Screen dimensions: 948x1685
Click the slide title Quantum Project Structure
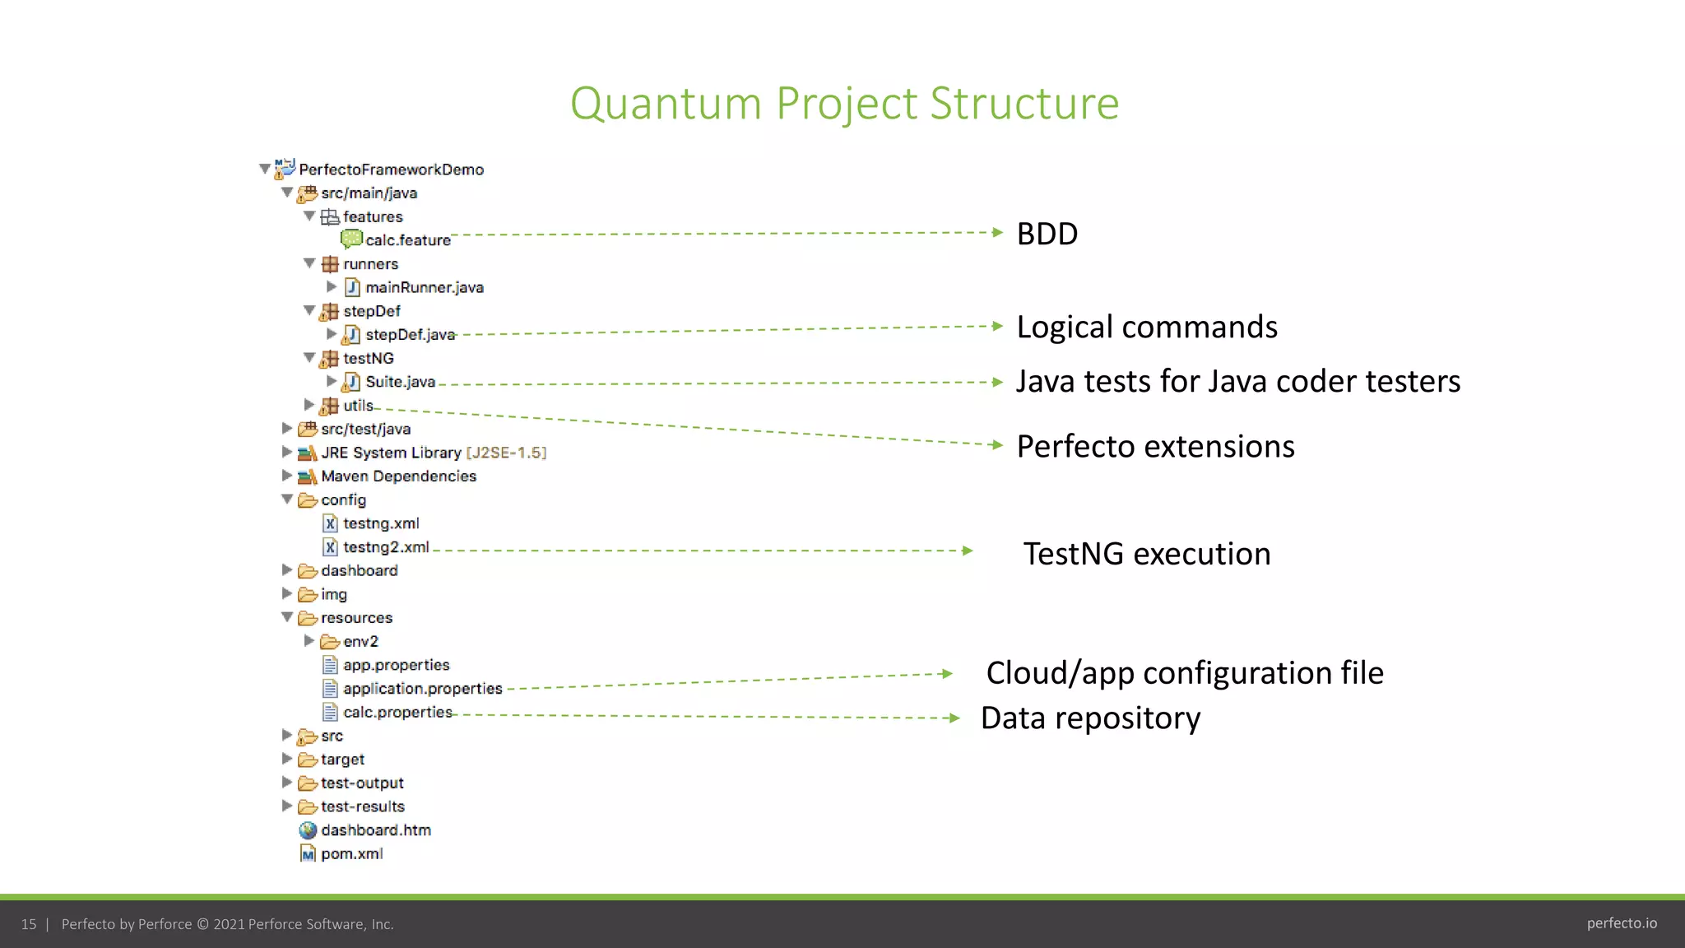click(x=844, y=104)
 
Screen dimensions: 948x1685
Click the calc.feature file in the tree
click(x=407, y=240)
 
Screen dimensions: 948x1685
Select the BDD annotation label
click(x=1047, y=234)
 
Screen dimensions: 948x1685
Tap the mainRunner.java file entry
click(x=424, y=287)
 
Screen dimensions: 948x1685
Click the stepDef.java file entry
click(x=409, y=334)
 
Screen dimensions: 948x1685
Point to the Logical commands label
click(x=1146, y=327)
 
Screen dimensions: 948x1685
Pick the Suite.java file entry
click(x=400, y=382)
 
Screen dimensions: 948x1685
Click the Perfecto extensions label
click(x=1155, y=446)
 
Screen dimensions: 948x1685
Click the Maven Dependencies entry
click(x=398, y=476)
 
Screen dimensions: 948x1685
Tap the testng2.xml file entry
click(x=385, y=547)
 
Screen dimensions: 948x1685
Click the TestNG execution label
click(x=1146, y=554)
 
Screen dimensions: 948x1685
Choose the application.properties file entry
click(x=422, y=689)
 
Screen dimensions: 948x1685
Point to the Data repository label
click(x=1090, y=718)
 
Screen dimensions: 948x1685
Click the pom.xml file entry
click(x=351, y=854)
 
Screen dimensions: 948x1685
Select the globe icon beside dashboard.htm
click(x=308, y=830)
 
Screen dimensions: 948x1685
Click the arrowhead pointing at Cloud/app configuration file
click(x=947, y=674)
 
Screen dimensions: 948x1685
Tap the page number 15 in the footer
click(x=29, y=924)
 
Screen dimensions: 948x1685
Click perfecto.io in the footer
click(x=1621, y=923)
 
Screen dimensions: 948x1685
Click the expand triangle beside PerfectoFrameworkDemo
click(x=265, y=169)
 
